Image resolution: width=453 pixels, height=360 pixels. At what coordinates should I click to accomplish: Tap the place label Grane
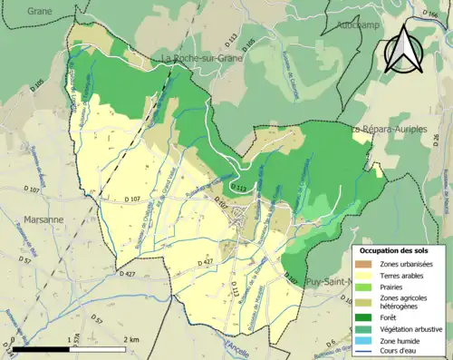39,11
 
